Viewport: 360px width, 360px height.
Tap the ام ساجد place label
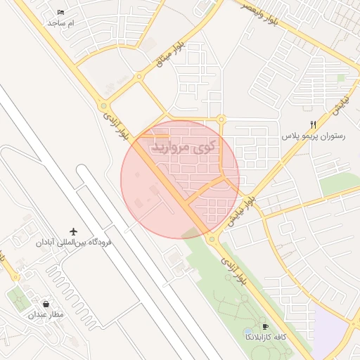pos(60,23)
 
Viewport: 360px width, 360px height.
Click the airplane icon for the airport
pos(73,231)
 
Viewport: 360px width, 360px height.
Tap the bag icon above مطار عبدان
pos(46,304)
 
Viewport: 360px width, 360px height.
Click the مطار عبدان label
pos(46,314)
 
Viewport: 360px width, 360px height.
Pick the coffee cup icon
pos(265,326)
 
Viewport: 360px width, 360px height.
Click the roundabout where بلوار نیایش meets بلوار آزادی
pos(212,240)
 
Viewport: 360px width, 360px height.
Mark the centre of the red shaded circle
pos(180,179)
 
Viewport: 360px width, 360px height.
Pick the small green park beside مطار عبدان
pos(18,300)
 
